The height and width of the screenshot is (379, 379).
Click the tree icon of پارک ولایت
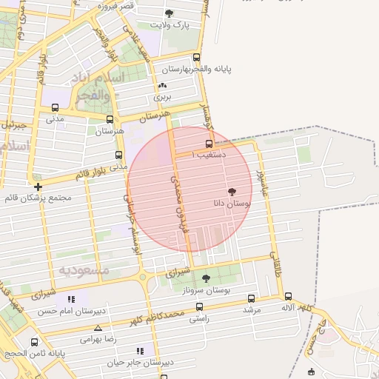[x=170, y=13]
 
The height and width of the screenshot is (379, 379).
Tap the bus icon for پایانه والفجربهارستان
[x=196, y=57]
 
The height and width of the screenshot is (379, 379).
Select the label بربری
[x=162, y=97]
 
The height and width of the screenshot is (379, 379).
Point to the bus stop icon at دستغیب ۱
[x=209, y=144]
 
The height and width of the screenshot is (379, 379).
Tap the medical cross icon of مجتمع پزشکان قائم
[x=38, y=186]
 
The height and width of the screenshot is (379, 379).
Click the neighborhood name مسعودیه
[x=84, y=270]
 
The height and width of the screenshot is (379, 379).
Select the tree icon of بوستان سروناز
[x=205, y=279]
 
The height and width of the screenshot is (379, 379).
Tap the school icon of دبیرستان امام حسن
[x=71, y=299]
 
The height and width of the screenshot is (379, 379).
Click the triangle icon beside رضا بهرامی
[x=97, y=327]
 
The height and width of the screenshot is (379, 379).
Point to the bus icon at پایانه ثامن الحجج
[x=34, y=342]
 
